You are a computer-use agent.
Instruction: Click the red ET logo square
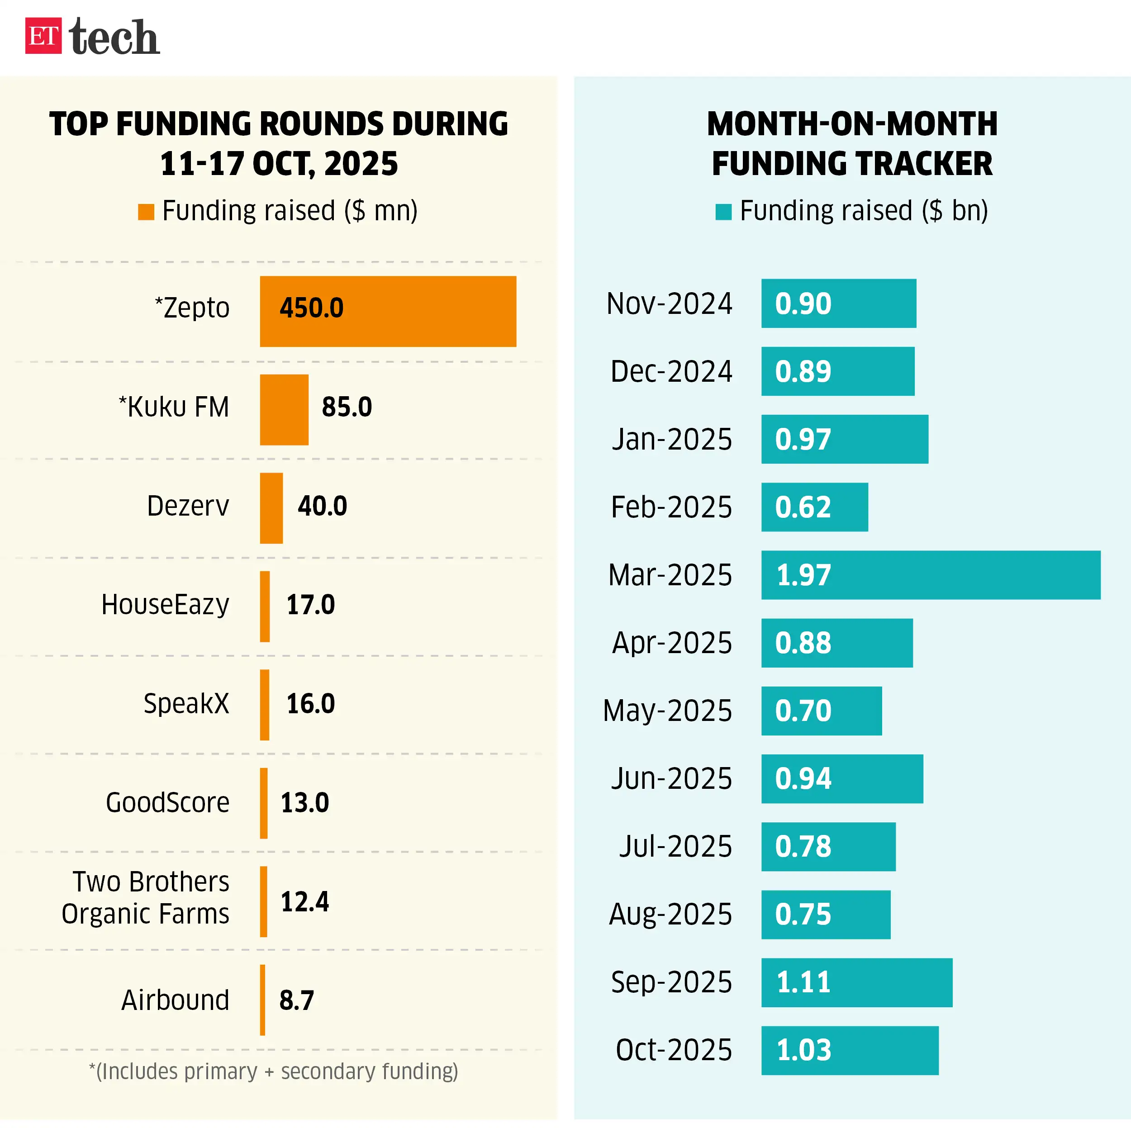43,36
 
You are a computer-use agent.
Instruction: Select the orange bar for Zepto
388,312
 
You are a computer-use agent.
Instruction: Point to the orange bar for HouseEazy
265,607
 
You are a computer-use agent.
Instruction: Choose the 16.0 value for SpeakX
310,704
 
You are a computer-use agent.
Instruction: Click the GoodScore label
167,802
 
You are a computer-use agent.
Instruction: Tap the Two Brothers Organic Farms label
146,898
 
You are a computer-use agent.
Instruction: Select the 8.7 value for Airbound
296,1001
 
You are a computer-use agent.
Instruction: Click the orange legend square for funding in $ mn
146,212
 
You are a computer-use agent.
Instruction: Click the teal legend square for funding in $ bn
723,212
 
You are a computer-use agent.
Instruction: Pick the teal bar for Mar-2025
931,575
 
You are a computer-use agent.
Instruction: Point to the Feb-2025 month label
671,507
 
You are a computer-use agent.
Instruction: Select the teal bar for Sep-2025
856,983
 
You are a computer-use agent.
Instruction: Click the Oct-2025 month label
674,1051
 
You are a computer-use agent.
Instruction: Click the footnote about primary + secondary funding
273,1072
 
